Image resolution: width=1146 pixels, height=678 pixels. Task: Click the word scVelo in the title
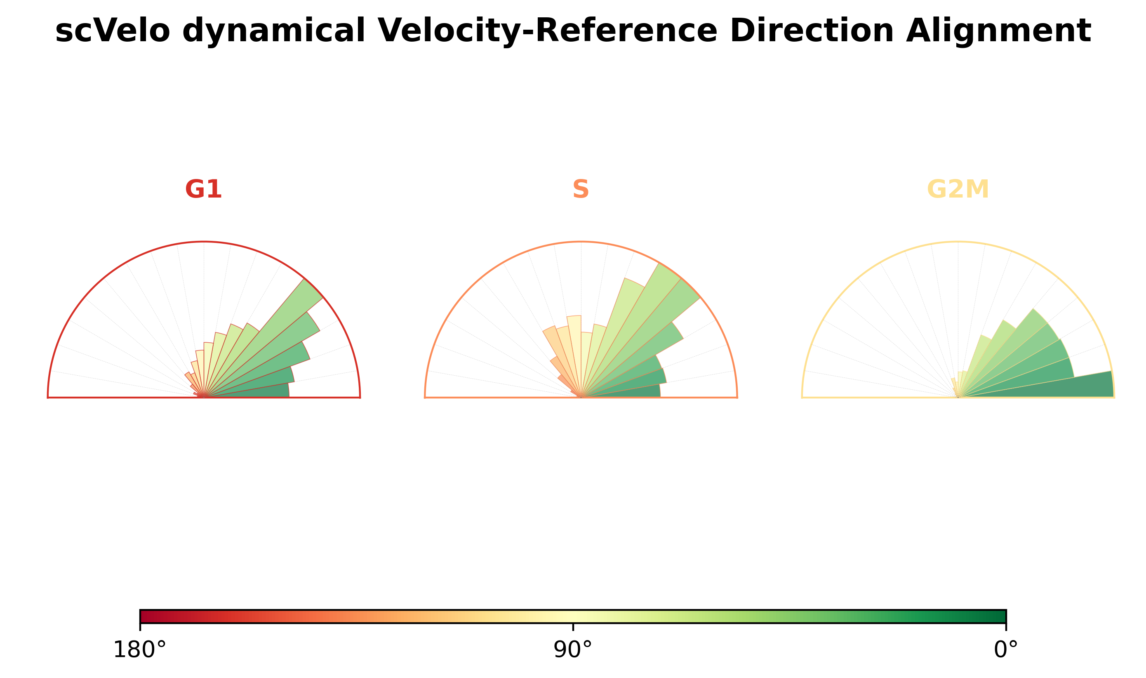pyautogui.click(x=112, y=31)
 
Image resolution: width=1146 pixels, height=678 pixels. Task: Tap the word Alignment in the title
pyautogui.click(x=998, y=31)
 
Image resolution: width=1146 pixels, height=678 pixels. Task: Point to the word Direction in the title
pyautogui.click(x=812, y=31)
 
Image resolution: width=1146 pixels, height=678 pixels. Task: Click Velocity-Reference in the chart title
pyautogui.click(x=548, y=31)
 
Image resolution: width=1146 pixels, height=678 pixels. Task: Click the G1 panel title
pyautogui.click(x=203, y=189)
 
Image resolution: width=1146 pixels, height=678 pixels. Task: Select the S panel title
pyautogui.click(x=581, y=189)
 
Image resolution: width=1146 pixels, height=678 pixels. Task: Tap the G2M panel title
pyautogui.click(x=958, y=189)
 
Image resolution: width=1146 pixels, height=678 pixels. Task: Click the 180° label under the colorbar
pyautogui.click(x=140, y=650)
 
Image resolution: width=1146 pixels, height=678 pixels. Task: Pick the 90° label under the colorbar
pyautogui.click(x=573, y=650)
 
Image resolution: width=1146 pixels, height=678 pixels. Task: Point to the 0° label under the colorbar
pyautogui.click(x=1006, y=650)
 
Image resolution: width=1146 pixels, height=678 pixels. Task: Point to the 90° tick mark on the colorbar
pyautogui.click(x=573, y=626)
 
